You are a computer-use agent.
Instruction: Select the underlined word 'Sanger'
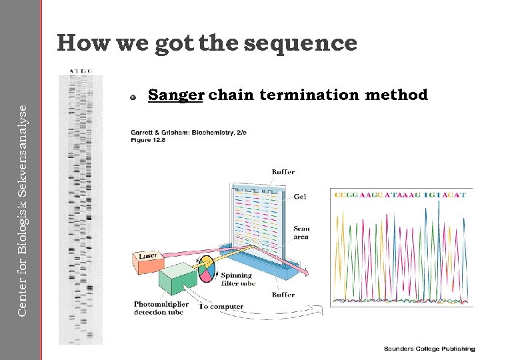tap(175, 95)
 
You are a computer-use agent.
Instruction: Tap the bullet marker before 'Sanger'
tap(134, 97)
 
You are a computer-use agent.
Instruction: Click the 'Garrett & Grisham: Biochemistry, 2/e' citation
tap(189, 133)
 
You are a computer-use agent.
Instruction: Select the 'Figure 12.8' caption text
tap(149, 141)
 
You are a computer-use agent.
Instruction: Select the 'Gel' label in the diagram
tap(300, 197)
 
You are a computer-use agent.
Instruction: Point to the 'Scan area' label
tap(301, 233)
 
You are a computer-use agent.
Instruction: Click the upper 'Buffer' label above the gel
tap(283, 172)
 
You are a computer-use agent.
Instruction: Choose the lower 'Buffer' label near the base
tap(283, 294)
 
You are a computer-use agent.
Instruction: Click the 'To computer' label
tap(221, 307)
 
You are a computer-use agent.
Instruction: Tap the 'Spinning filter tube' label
tap(236, 279)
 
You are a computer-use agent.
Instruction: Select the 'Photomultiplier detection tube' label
tap(161, 308)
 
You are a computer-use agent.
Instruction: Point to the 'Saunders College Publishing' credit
tap(429, 349)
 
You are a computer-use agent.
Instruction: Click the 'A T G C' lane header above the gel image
tap(81, 70)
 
